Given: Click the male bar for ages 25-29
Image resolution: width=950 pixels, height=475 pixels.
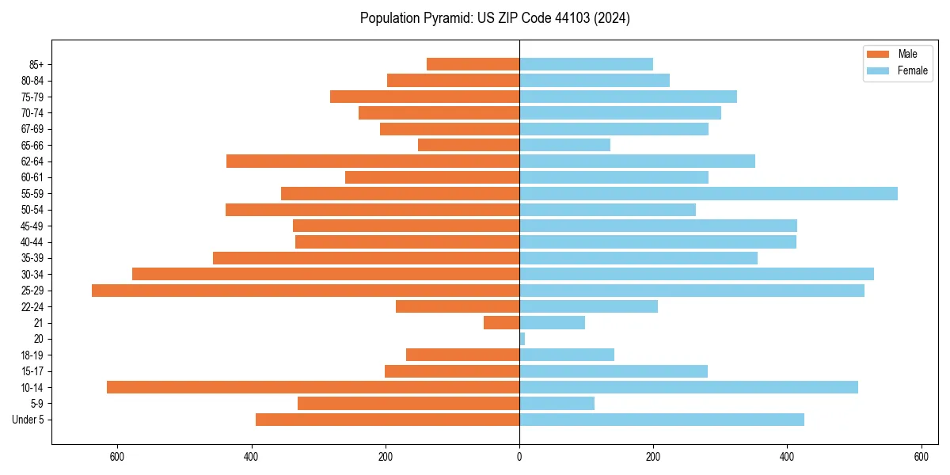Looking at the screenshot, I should (306, 291).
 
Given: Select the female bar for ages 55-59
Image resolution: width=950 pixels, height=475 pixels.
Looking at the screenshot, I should (709, 194).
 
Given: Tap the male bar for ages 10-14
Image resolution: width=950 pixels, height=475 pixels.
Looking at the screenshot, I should (313, 387).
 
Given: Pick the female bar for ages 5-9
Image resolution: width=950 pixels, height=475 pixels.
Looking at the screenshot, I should (557, 404).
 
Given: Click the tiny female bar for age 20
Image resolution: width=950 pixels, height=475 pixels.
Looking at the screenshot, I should (522, 339).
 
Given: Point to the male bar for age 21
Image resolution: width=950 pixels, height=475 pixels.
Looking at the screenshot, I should (501, 323).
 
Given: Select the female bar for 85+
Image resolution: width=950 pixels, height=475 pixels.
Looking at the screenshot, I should (586, 64).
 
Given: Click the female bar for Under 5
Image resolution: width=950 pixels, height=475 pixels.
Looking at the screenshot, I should (662, 420).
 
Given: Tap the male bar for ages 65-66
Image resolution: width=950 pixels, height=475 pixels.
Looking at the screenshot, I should (469, 145).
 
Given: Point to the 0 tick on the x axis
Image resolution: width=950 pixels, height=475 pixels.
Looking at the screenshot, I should (519, 457).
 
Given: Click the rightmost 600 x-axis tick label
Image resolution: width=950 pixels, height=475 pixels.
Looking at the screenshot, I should (921, 457).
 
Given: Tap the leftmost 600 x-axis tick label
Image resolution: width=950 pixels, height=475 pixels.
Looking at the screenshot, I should (117, 457).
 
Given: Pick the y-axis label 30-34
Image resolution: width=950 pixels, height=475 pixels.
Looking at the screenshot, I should (32, 275).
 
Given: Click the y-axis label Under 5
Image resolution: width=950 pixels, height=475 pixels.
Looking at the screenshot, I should (28, 420).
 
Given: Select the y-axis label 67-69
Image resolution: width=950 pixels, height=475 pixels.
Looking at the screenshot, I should (32, 129).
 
